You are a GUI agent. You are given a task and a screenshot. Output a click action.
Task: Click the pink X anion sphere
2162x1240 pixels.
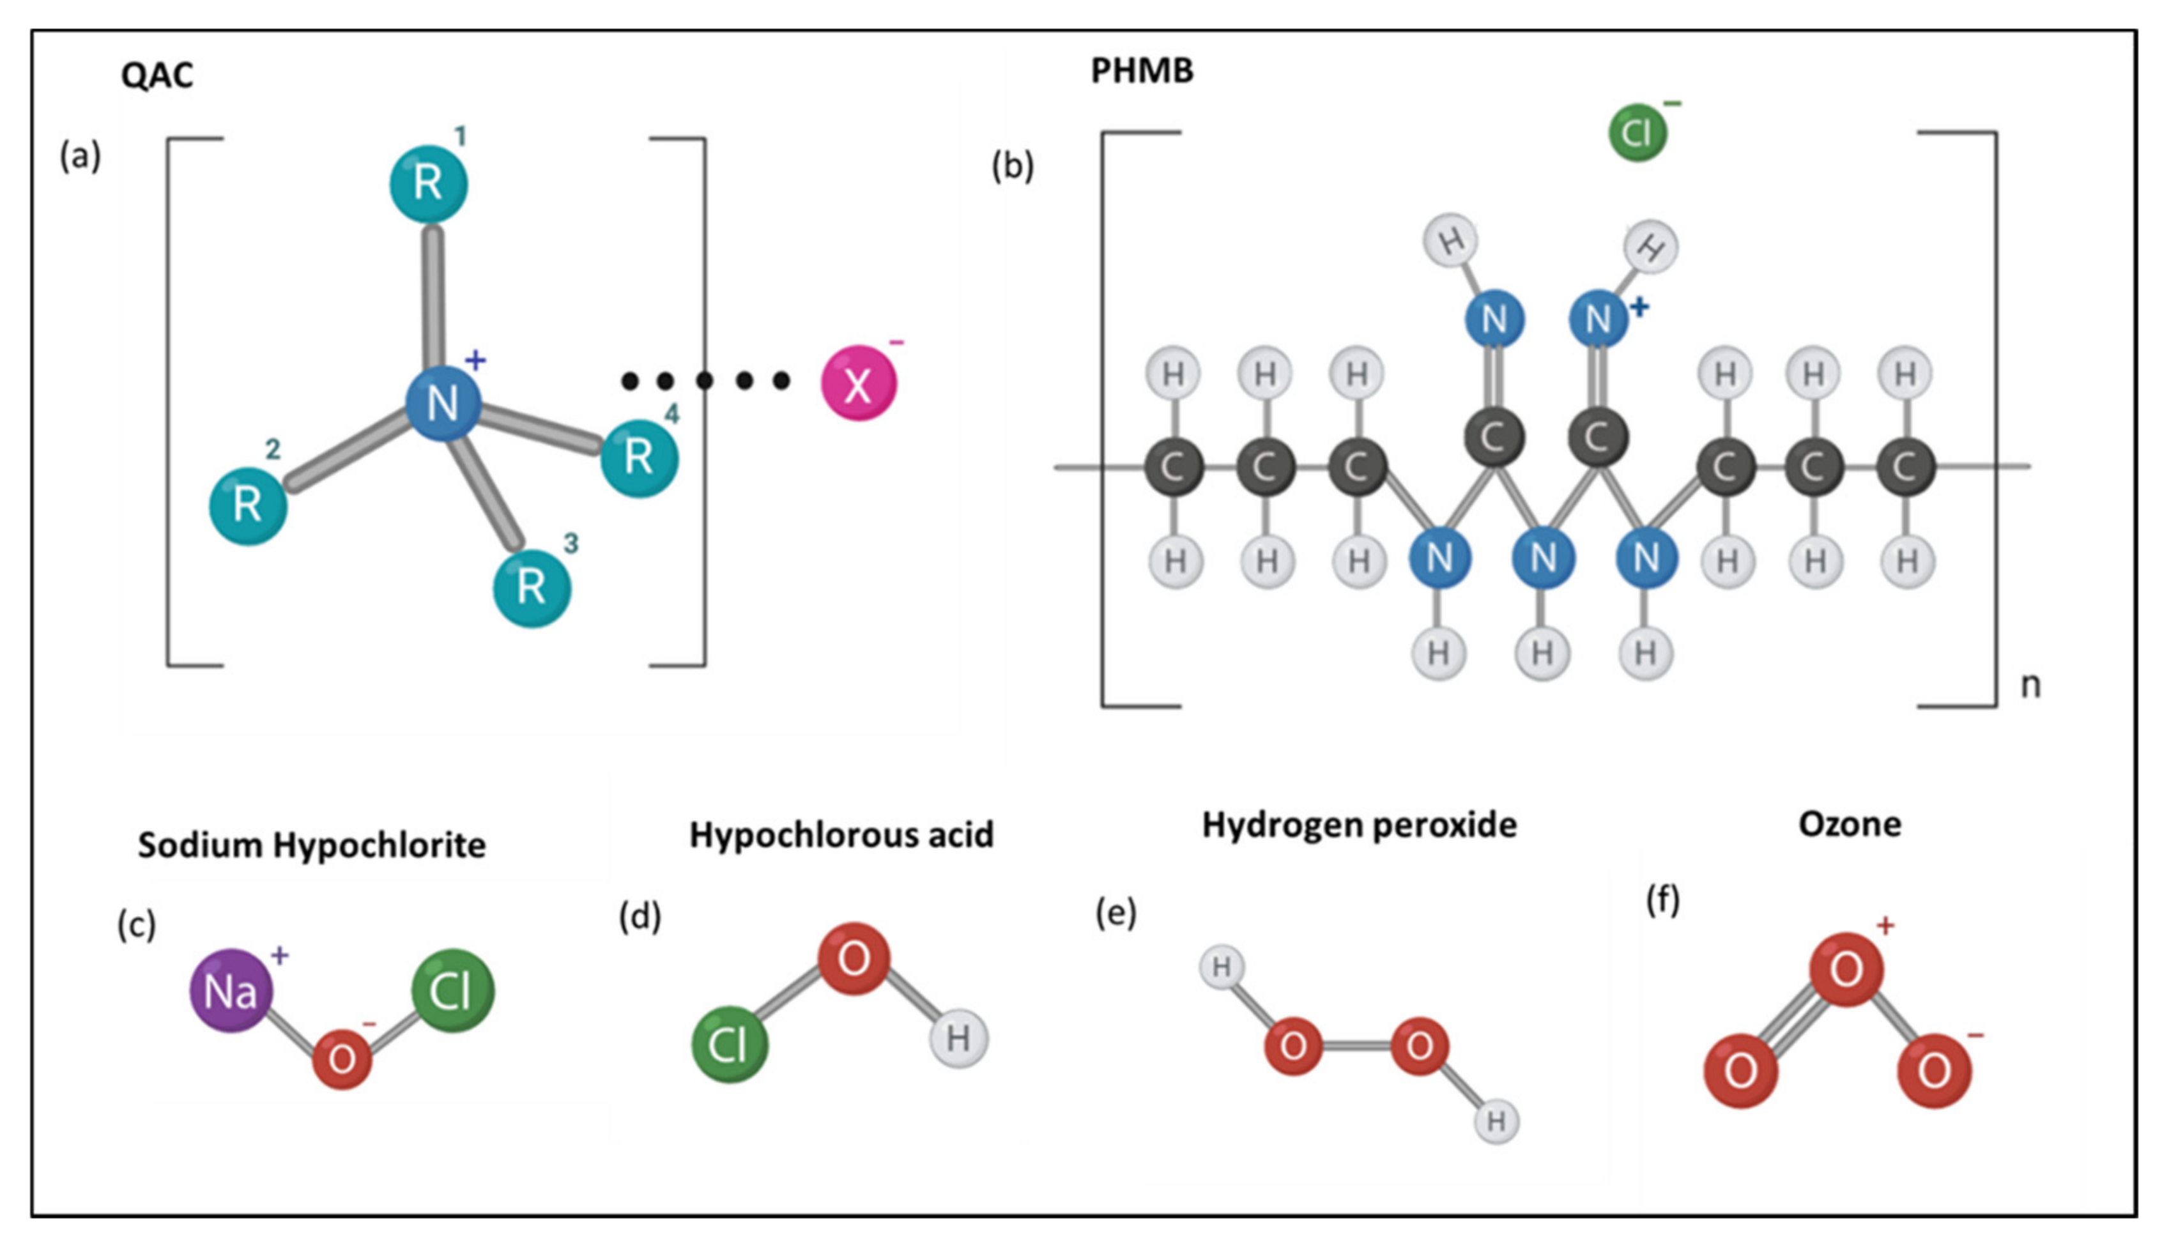click(858, 383)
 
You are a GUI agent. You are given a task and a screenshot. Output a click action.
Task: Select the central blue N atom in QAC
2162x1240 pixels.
click(443, 403)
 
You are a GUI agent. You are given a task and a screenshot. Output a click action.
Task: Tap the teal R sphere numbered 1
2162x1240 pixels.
click(428, 183)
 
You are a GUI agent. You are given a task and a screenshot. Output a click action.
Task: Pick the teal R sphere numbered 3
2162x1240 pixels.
click(532, 588)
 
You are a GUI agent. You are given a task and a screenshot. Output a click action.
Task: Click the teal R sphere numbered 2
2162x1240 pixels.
click(248, 506)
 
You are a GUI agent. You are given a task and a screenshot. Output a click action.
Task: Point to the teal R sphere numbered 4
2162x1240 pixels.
click(639, 458)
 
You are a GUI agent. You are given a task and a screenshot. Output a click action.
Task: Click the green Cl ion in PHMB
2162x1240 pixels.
click(1637, 133)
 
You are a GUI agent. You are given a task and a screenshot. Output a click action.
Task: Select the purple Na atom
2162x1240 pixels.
click(231, 990)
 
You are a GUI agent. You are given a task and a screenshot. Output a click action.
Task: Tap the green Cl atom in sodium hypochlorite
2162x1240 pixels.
click(452, 990)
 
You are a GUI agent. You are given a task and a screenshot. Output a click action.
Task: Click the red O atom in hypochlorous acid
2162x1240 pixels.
click(854, 958)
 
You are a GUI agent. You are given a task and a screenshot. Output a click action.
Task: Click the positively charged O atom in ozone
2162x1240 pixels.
click(1845, 969)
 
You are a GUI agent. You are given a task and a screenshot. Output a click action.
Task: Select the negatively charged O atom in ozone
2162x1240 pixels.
click(1934, 1069)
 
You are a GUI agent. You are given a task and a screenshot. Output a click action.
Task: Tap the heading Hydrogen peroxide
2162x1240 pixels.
click(1359, 824)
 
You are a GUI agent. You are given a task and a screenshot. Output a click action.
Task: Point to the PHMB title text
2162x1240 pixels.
click(1142, 71)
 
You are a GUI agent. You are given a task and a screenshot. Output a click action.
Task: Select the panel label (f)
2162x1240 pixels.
click(1662, 899)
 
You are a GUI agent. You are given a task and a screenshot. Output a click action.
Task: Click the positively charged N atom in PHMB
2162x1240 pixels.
click(1597, 319)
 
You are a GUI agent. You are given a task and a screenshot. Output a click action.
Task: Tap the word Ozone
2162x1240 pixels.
click(1850, 823)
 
